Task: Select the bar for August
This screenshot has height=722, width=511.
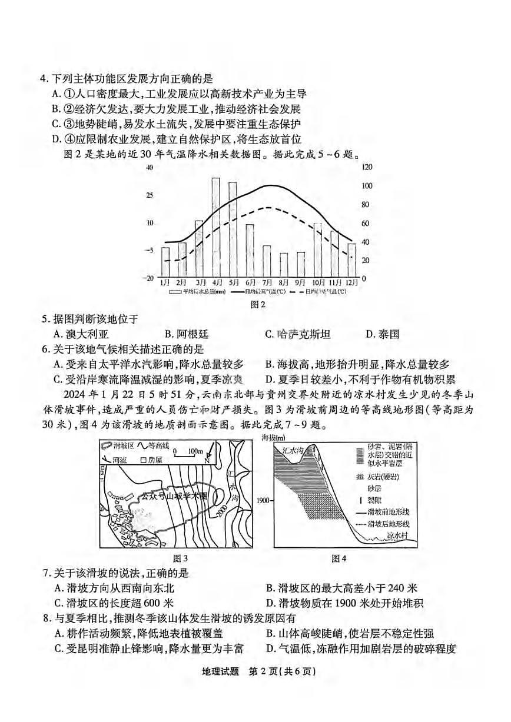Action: (x=284, y=265)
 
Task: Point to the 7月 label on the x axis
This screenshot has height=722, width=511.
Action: (x=267, y=283)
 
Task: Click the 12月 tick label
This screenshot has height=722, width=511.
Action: (x=351, y=283)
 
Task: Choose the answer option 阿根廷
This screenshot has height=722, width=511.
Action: (x=193, y=334)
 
